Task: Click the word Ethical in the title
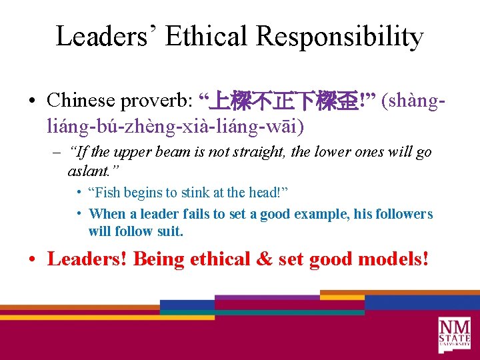207,37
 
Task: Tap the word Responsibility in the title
340,37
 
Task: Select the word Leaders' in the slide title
106,37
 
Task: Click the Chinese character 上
218,101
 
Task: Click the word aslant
89,170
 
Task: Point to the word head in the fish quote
265,193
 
